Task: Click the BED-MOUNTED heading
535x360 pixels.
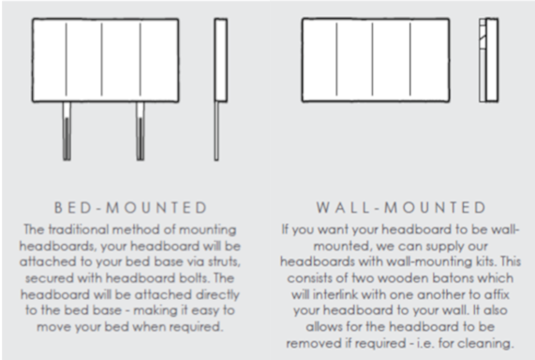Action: [130, 208]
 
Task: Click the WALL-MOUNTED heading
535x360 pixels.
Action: [401, 208]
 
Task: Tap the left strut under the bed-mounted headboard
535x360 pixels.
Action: [67, 131]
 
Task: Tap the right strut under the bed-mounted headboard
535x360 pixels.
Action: [141, 131]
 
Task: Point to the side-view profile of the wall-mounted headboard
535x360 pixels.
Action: [488, 60]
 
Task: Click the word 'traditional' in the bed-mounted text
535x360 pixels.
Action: [80, 230]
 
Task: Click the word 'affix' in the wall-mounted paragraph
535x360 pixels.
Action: [499, 294]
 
